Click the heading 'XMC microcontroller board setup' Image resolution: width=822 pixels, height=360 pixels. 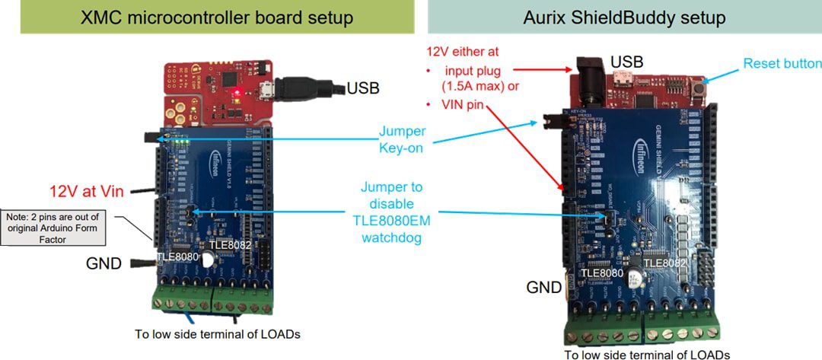208,18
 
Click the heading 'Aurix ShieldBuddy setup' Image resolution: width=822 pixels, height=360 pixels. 625,18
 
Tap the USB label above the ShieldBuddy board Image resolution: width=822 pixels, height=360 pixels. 626,59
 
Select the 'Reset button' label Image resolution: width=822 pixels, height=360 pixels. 781,63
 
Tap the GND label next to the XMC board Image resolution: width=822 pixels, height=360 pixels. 103,264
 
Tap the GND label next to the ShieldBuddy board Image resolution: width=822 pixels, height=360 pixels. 543,287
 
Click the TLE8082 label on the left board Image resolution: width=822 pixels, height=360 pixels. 231,246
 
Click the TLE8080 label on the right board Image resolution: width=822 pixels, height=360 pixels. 602,272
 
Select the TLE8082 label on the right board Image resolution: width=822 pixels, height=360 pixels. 664,263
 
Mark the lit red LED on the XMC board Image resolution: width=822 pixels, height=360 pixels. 237,93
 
